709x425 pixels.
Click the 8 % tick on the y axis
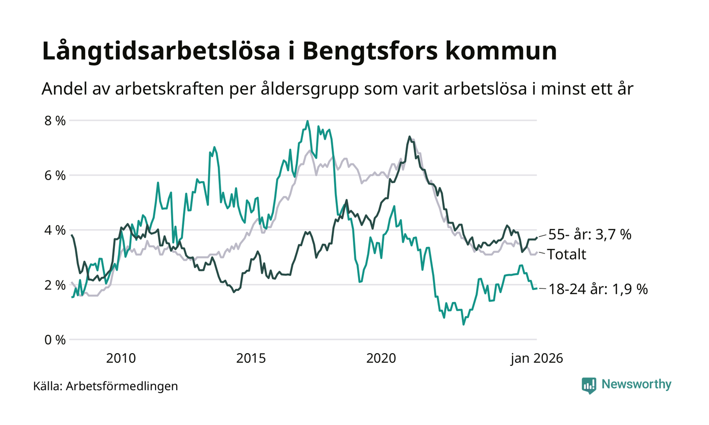(55, 121)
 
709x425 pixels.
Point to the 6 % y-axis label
(55, 176)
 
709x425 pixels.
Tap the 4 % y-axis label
(55, 230)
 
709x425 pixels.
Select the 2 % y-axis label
(55, 285)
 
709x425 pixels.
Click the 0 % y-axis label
(55, 339)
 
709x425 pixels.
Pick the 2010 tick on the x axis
(121, 358)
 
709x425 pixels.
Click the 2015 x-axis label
(251, 358)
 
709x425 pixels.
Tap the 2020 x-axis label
(381, 358)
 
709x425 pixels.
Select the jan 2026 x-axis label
(536, 358)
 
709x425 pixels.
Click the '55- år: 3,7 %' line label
(590, 235)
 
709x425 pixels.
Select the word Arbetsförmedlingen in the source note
(122, 387)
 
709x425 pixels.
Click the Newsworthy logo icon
(588, 385)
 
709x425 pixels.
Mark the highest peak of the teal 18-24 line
(307, 121)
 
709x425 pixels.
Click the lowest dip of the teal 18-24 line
(463, 324)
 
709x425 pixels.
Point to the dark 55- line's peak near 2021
(409, 137)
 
